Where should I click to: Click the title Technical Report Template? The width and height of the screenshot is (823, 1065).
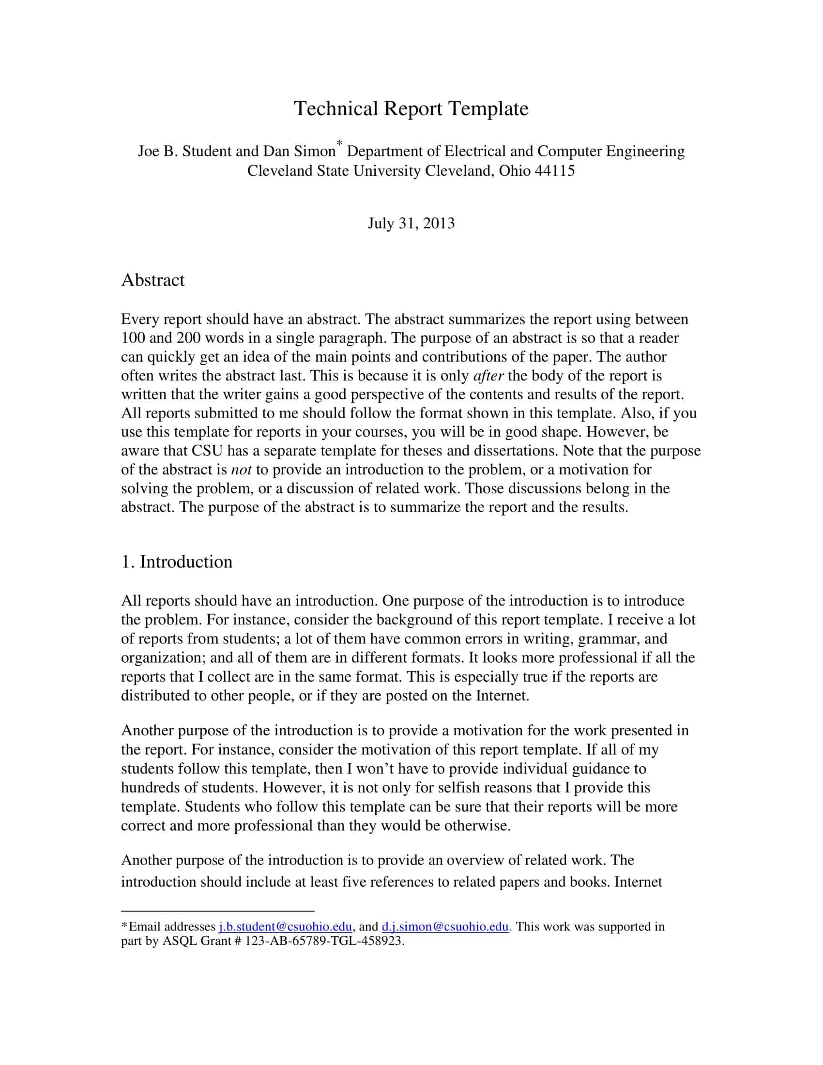click(x=411, y=108)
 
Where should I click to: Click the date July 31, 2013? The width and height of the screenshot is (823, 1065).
click(x=411, y=223)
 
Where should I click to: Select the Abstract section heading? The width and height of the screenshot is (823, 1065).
click(x=152, y=280)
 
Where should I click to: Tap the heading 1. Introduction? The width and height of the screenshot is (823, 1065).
click(x=177, y=562)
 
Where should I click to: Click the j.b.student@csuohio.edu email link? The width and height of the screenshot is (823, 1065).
click(x=285, y=927)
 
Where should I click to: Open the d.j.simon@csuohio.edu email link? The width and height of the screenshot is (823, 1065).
click(x=445, y=927)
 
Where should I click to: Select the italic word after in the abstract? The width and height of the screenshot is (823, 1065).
click(x=488, y=376)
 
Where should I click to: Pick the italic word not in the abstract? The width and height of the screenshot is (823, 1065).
click(x=241, y=470)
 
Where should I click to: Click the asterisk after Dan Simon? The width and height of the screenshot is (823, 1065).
click(x=340, y=143)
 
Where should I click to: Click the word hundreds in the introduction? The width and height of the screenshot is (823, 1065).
click(x=151, y=788)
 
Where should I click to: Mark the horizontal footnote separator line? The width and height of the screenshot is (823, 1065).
click(x=217, y=911)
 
